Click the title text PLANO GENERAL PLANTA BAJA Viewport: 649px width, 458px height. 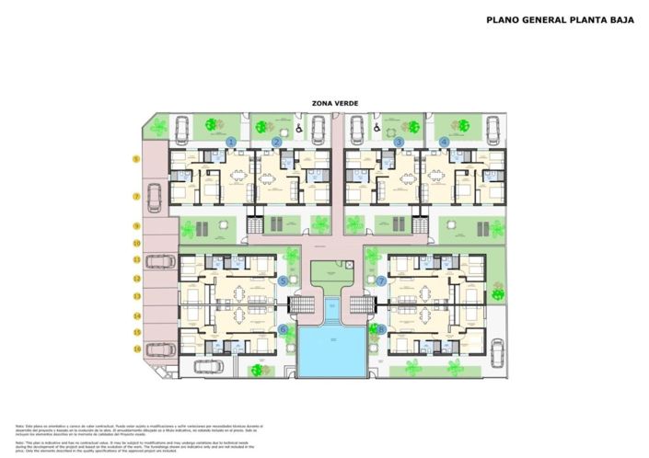(x=559, y=18)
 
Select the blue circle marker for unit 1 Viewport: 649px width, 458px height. (x=232, y=142)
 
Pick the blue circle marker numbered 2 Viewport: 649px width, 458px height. (x=276, y=142)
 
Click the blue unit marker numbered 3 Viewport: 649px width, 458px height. (x=399, y=142)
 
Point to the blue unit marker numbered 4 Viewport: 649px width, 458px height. (x=445, y=142)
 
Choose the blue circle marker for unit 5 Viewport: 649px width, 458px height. (x=284, y=281)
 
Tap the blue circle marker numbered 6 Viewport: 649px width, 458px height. (x=284, y=328)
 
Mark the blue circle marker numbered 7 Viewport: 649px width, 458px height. (x=381, y=281)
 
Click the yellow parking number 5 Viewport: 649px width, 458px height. (x=136, y=159)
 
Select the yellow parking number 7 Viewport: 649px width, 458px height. (x=136, y=196)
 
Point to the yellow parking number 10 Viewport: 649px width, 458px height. (x=136, y=244)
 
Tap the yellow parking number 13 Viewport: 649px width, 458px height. (x=136, y=296)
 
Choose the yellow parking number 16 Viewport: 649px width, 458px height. (x=136, y=349)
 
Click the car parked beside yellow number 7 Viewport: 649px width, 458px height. (x=155, y=195)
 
